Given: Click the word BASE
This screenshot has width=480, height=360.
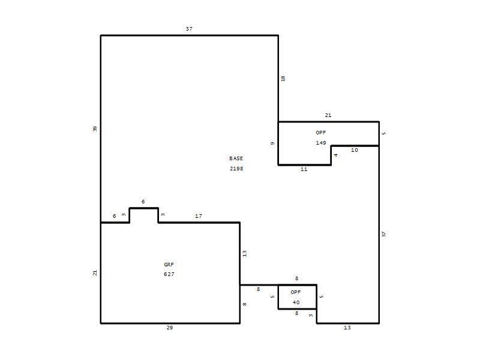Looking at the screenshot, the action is coord(236,158).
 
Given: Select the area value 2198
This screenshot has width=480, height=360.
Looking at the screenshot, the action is coord(236,169).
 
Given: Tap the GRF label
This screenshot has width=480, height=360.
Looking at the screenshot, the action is coord(169,265).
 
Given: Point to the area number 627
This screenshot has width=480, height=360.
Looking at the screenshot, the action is coord(169,274).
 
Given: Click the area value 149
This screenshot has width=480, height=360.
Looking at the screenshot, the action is coord(321,143).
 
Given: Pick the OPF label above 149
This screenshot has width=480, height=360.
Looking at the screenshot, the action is coord(321,133).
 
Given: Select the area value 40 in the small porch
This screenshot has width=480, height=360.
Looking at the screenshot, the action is coord(296,302).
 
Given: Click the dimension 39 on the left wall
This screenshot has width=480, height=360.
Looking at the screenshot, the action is coord(95,129).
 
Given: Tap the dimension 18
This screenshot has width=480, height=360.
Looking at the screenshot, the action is coord(283,79).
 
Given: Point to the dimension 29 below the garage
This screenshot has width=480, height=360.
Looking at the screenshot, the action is coord(170,328).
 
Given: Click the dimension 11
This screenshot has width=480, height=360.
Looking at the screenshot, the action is coord(304,169).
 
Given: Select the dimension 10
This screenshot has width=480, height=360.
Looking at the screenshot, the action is coord(355,150).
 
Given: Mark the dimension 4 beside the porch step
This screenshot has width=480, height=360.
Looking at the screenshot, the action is coord(336,155).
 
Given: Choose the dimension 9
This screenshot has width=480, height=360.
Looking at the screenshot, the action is coord(272,143).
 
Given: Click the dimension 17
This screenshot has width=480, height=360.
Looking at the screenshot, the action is coord(199,216).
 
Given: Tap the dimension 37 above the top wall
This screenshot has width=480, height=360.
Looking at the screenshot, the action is coord(189,29).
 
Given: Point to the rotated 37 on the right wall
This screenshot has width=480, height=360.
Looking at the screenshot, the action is coord(384,234).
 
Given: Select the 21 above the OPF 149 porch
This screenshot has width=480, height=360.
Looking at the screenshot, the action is coord(328,115).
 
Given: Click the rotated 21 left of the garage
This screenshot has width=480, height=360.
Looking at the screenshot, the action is coord(95,272).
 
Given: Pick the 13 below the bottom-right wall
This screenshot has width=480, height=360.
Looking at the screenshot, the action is coord(347,328).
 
